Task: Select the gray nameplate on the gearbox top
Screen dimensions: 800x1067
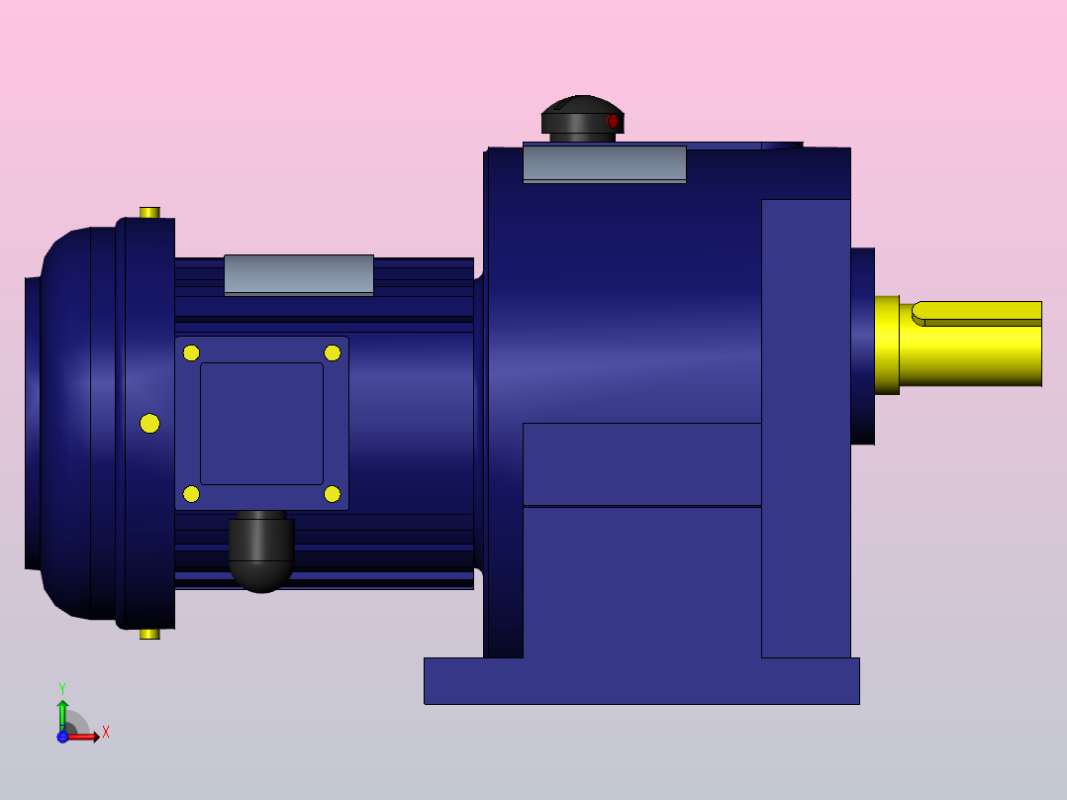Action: click(x=604, y=163)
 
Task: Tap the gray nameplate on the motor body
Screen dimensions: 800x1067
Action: click(x=298, y=274)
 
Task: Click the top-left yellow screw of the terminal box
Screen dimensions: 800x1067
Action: click(x=191, y=353)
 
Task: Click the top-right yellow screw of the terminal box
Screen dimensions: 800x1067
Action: click(x=333, y=353)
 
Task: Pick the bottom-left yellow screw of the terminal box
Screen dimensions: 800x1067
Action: click(x=191, y=494)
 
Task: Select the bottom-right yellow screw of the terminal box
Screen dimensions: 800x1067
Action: click(x=333, y=494)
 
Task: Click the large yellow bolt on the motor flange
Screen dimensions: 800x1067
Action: click(x=149, y=424)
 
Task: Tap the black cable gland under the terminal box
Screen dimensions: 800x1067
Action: click(x=261, y=554)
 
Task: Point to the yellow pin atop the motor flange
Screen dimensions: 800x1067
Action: click(x=149, y=212)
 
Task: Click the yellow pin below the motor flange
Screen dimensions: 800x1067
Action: click(x=149, y=634)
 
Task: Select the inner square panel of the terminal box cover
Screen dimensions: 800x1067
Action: click(x=261, y=424)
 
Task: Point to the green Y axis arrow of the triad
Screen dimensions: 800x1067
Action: click(x=62, y=710)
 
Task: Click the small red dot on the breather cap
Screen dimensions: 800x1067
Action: click(x=613, y=121)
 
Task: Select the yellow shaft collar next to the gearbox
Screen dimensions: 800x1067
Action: click(x=886, y=345)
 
